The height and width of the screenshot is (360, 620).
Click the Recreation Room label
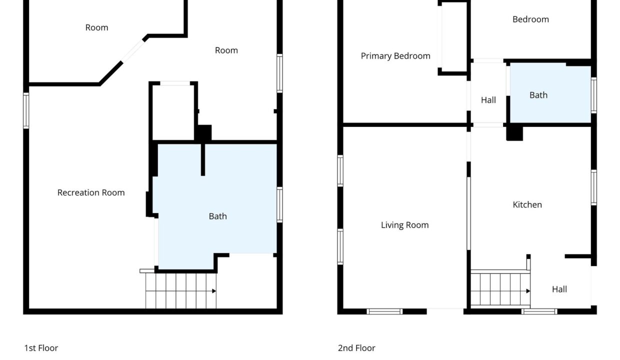(91, 192)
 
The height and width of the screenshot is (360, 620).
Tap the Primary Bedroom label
(395, 56)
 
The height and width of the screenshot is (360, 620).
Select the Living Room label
(404, 225)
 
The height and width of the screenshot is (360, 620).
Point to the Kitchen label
(527, 205)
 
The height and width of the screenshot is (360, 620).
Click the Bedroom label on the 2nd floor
(530, 19)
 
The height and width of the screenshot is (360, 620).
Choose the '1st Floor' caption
(41, 348)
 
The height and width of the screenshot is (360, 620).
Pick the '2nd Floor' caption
(356, 348)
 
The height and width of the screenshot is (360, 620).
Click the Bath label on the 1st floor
(218, 216)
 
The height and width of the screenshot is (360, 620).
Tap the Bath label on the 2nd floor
(538, 95)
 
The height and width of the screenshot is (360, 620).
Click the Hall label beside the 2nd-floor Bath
(488, 100)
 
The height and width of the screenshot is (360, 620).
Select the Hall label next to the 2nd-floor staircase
(559, 289)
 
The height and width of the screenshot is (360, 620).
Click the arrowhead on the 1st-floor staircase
(214, 291)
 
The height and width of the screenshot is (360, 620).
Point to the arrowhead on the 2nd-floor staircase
(528, 291)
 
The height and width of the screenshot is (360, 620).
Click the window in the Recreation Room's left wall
(26, 110)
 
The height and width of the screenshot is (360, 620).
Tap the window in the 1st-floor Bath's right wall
(280, 205)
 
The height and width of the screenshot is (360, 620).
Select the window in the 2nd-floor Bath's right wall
(593, 95)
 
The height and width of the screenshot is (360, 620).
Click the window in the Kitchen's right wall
(593, 187)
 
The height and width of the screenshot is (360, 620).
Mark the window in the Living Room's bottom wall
(384, 311)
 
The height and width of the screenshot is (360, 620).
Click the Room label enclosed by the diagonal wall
(96, 27)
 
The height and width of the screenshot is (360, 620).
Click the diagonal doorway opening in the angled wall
(133, 51)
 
